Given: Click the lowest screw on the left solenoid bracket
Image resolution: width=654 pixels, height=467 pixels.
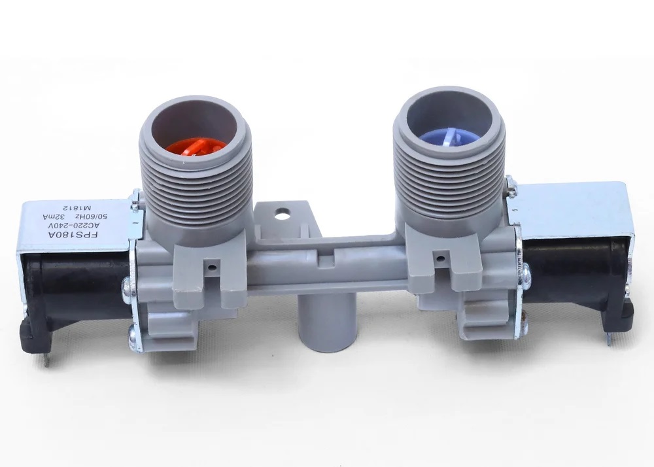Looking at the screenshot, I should point(132,339).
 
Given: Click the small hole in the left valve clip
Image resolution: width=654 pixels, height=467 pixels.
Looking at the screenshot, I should point(211,267).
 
